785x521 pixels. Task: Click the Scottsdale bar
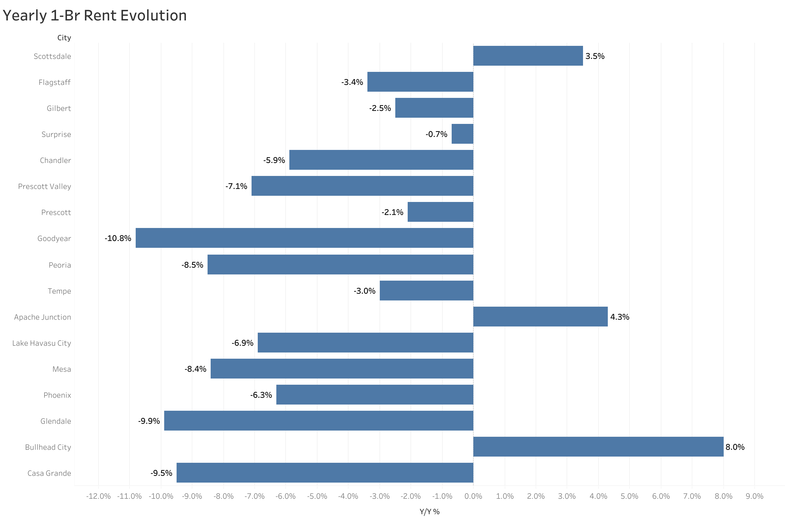click(x=528, y=56)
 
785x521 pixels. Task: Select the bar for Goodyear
click(x=304, y=238)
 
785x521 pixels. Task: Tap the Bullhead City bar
click(x=598, y=447)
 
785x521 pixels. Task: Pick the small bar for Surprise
click(x=462, y=134)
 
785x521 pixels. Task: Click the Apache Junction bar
click(x=540, y=317)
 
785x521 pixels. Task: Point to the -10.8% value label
click(x=118, y=238)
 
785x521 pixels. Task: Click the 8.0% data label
click(x=735, y=447)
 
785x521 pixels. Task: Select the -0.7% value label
click(x=436, y=134)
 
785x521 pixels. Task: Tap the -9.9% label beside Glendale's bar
click(x=149, y=421)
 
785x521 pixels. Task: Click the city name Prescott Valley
click(x=45, y=186)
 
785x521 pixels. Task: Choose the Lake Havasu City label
click(x=42, y=343)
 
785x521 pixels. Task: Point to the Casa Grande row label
click(x=49, y=473)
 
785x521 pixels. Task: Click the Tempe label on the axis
click(x=59, y=291)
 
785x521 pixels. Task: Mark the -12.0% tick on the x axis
click(x=98, y=496)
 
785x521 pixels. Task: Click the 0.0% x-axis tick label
click(x=473, y=496)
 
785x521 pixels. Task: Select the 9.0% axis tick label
click(x=754, y=496)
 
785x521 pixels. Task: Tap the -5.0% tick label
click(x=317, y=496)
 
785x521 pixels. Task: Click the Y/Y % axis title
click(x=429, y=512)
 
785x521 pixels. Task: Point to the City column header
click(x=64, y=38)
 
